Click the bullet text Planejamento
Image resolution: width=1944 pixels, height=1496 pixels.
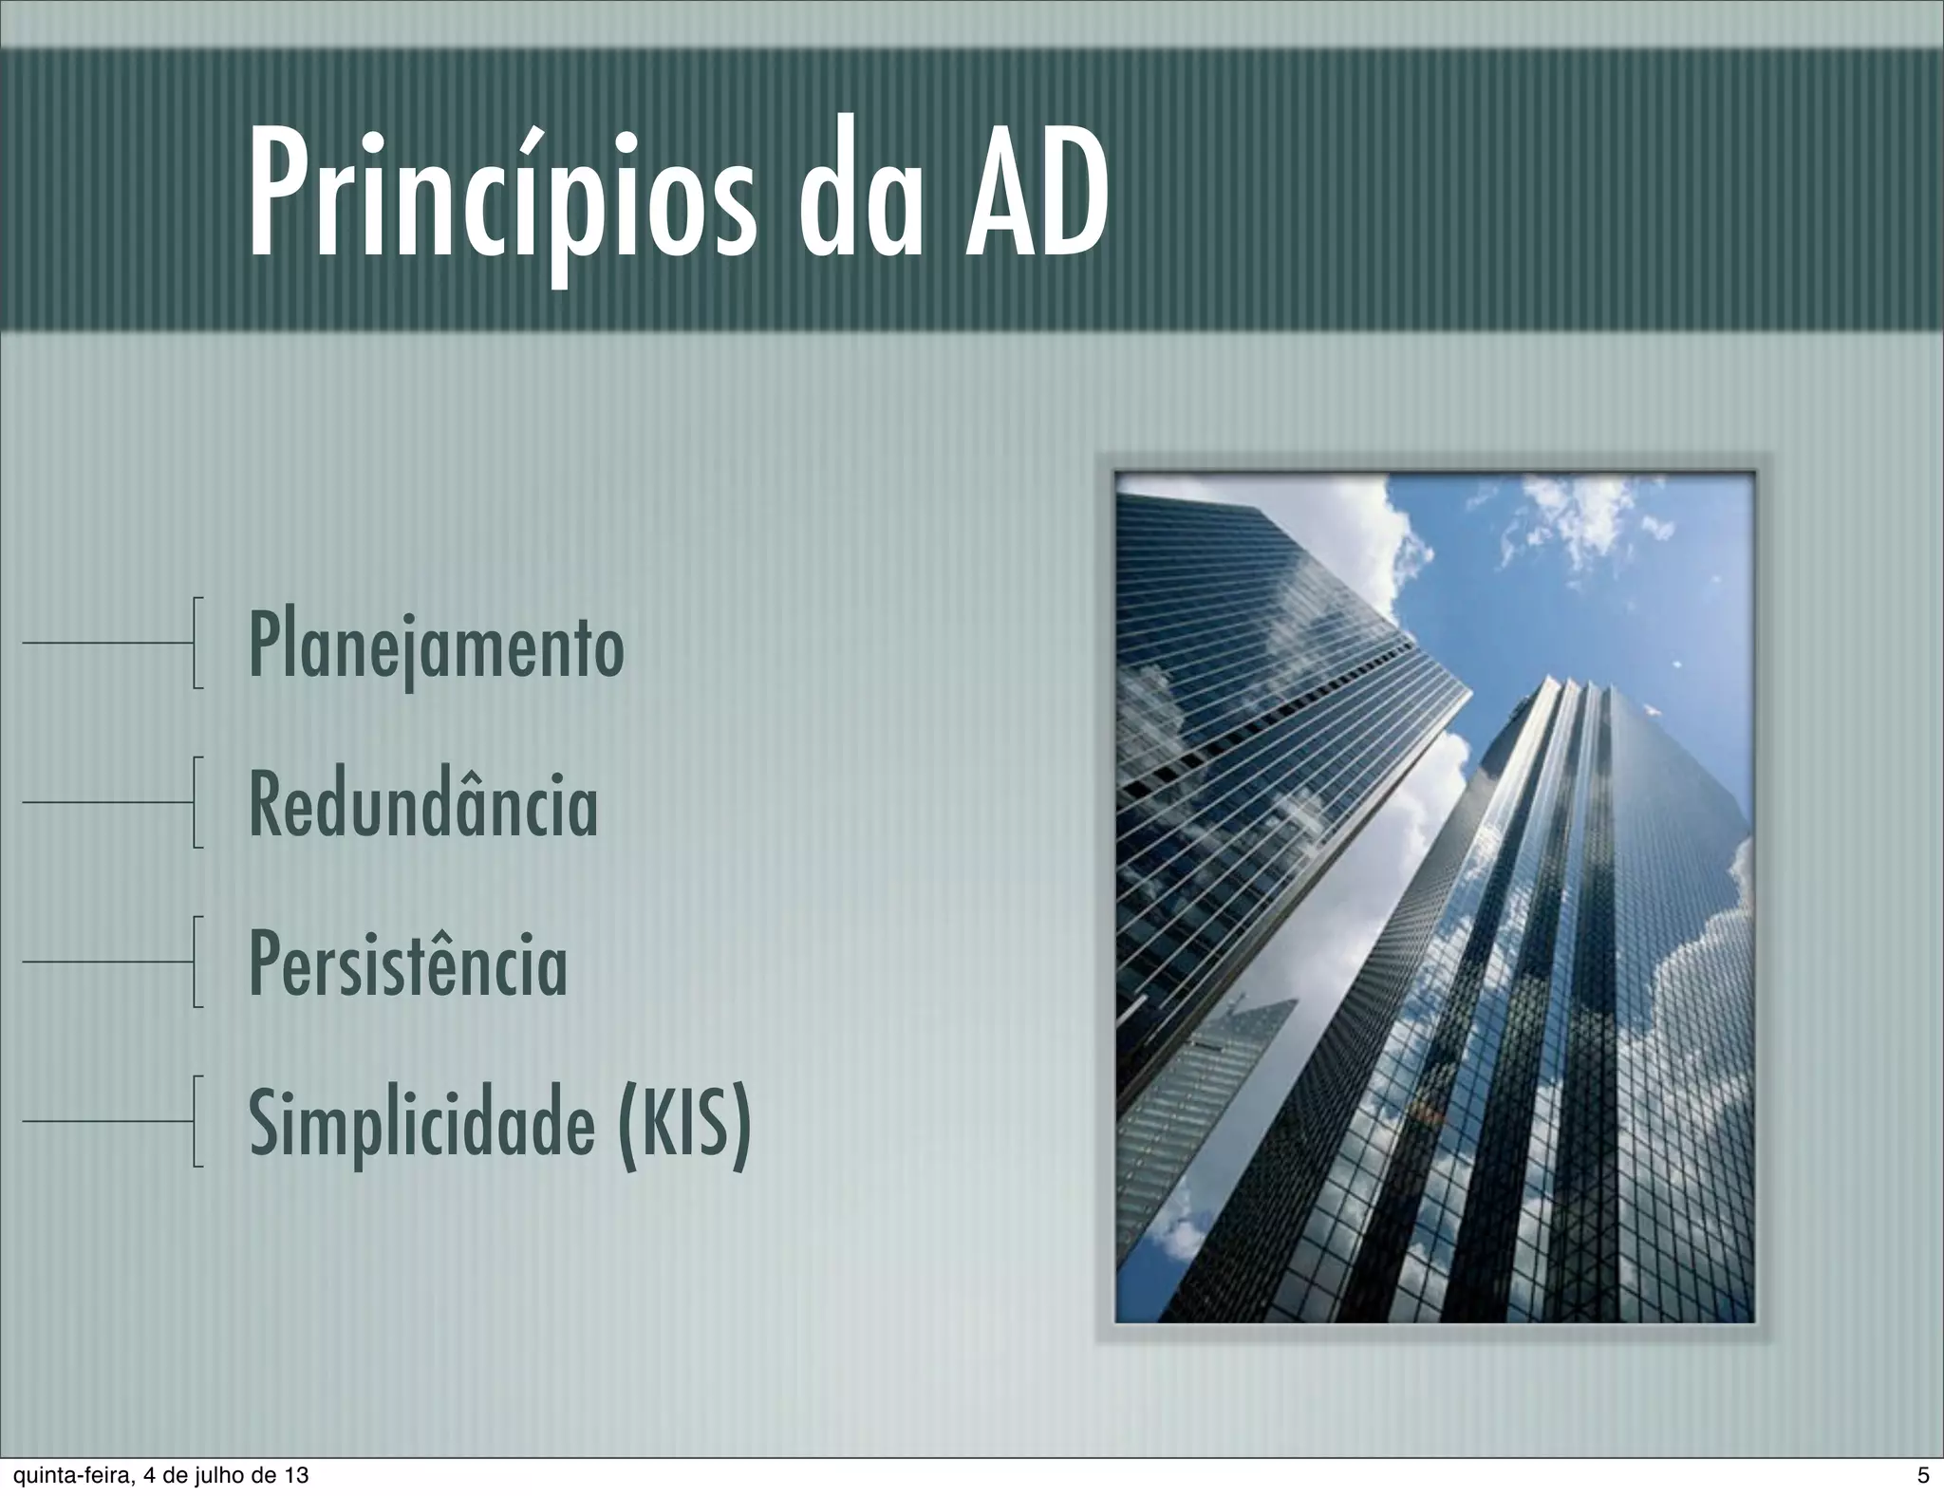coord(436,646)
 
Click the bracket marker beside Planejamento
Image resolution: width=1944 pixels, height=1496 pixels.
coord(196,643)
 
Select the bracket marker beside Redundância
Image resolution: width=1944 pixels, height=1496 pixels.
coord(196,801)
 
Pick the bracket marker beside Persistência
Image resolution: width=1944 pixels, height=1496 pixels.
coord(196,961)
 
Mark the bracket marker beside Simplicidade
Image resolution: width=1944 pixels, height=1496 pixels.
coord(196,1120)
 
